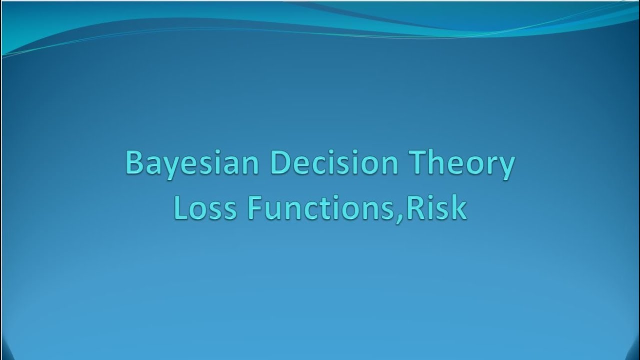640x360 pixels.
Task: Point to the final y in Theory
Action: [x=505, y=168]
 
